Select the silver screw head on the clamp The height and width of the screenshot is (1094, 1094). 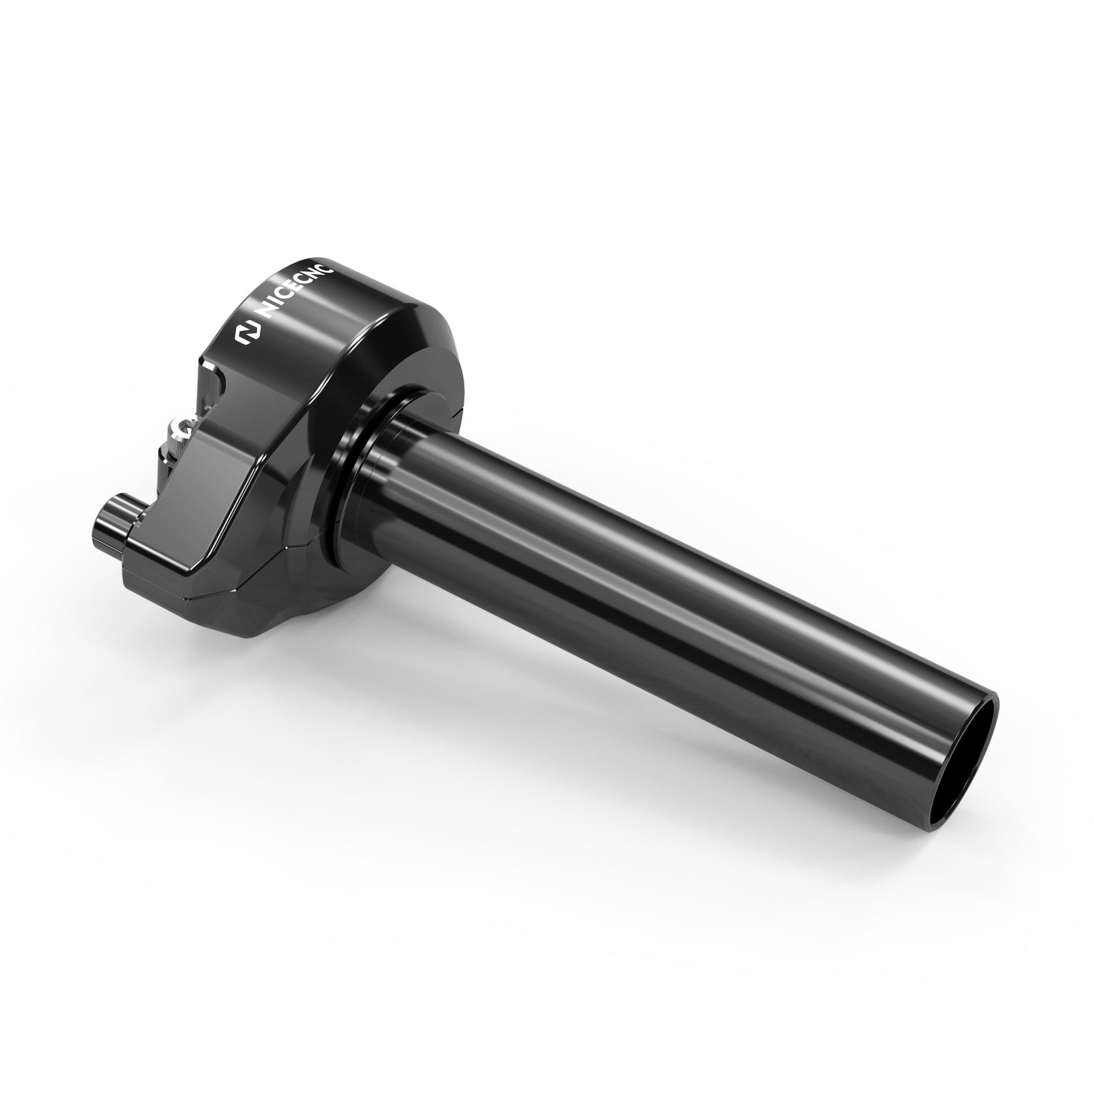(x=180, y=429)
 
